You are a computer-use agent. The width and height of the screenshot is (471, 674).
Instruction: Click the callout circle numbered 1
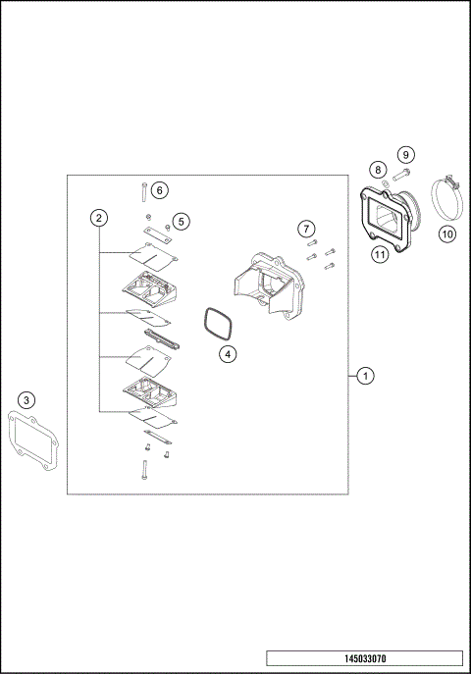pos(364,375)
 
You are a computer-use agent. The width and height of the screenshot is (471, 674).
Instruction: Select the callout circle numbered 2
pos(98,217)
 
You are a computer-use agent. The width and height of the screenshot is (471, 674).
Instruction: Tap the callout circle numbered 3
pos(27,399)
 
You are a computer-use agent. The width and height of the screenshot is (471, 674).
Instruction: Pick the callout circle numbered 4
pos(227,353)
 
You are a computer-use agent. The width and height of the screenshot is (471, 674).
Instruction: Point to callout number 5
pos(181,222)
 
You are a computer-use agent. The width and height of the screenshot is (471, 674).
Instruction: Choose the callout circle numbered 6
pos(160,188)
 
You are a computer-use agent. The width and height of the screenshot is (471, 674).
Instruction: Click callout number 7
pos(306,229)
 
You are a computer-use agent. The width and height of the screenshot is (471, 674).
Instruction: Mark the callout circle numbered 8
pos(377,171)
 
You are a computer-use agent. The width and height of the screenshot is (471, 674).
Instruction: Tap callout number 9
pos(405,155)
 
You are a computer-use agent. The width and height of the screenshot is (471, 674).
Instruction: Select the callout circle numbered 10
pos(446,233)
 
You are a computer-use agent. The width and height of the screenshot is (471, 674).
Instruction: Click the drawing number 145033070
pos(363,659)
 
